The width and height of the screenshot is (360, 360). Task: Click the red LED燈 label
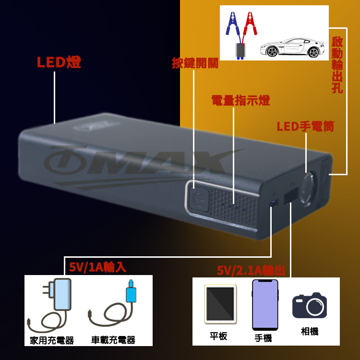click(x=59, y=63)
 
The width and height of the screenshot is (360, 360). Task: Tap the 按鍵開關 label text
click(x=195, y=63)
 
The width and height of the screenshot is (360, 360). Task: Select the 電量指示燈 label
click(x=240, y=101)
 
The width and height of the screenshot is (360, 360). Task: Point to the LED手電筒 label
click(x=305, y=127)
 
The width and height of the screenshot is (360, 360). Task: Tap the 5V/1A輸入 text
click(x=97, y=267)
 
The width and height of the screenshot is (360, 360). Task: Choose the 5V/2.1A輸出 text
click(x=251, y=271)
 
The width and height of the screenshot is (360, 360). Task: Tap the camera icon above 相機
click(x=309, y=305)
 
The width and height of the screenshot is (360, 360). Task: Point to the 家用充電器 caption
click(x=51, y=340)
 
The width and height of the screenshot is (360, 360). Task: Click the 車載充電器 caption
click(x=113, y=340)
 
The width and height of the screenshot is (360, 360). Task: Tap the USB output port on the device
click(x=289, y=197)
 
